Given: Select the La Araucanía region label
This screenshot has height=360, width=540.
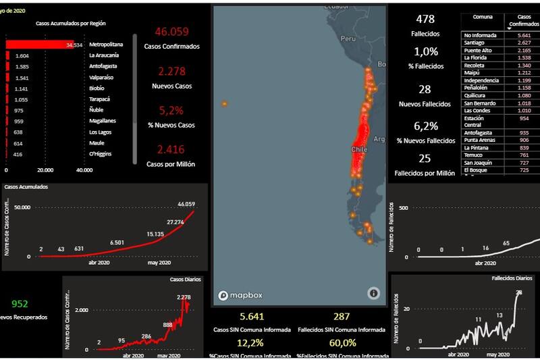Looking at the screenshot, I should click(x=104, y=55).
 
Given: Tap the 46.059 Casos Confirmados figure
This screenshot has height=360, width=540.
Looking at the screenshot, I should click(x=171, y=32).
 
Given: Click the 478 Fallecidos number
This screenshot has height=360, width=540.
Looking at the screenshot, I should click(x=425, y=19).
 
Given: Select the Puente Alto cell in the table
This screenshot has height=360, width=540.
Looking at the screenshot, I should click(x=478, y=50).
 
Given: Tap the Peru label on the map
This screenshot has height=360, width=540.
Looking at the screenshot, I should click(x=348, y=39).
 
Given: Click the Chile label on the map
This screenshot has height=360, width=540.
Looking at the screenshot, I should click(x=358, y=149).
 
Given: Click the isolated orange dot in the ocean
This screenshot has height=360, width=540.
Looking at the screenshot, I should click(x=224, y=104).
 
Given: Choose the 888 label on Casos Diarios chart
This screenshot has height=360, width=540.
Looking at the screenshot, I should click(x=168, y=325).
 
